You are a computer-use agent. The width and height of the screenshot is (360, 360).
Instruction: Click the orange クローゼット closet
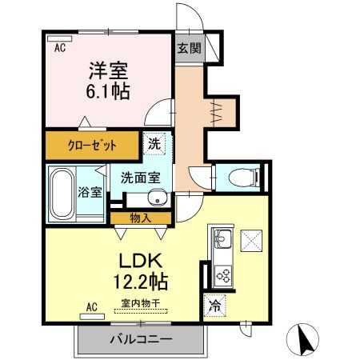coord(92,146)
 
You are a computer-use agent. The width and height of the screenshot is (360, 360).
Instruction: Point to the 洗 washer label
coord(154,145)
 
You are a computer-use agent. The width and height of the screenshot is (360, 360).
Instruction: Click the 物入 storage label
coord(141,218)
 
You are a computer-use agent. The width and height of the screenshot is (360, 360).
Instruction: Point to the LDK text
coord(142,261)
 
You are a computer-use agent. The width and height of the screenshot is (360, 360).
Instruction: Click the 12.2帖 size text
coord(142,282)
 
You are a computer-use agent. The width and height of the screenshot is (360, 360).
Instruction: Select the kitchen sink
coord(221,239)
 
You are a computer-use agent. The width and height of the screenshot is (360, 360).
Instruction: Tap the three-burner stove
coord(222,277)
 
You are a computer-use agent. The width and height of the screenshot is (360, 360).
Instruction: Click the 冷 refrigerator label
coord(214,305)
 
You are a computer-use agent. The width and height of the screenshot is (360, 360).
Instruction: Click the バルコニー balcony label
coord(141,340)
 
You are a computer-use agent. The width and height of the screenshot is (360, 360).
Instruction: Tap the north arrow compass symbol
coord(304,341)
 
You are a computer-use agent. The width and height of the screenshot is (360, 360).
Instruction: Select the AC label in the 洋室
coord(60,48)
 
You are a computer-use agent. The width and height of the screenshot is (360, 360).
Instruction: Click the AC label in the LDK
coord(90,306)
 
